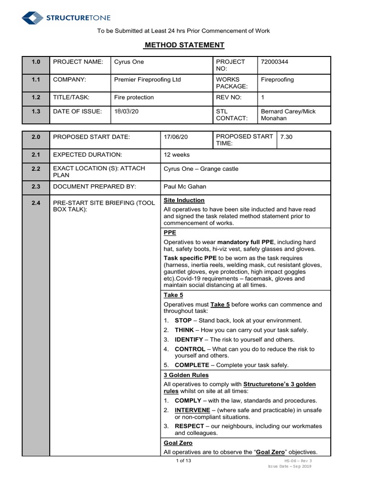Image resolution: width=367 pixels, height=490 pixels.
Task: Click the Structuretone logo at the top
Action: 66,18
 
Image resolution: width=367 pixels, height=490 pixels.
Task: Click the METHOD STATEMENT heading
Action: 184,45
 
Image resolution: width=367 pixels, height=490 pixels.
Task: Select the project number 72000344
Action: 274,62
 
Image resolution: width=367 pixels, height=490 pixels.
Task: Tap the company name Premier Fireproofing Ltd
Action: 147,79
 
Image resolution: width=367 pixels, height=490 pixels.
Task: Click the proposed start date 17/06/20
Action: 176,137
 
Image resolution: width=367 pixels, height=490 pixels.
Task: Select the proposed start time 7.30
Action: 286,137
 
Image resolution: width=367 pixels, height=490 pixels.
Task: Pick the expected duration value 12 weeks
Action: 177,155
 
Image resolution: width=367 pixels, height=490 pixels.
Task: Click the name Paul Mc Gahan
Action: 185,187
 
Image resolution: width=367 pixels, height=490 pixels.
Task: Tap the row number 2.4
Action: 36,203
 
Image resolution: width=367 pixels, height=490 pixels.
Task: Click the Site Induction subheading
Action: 184,200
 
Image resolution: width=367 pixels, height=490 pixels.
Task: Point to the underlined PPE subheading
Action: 170,233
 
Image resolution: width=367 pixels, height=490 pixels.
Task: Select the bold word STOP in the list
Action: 183,320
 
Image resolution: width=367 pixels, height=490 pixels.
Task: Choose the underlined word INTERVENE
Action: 193,410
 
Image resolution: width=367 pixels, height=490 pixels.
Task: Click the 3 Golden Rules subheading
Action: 186,375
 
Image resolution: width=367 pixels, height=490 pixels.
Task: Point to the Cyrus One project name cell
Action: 129,62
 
